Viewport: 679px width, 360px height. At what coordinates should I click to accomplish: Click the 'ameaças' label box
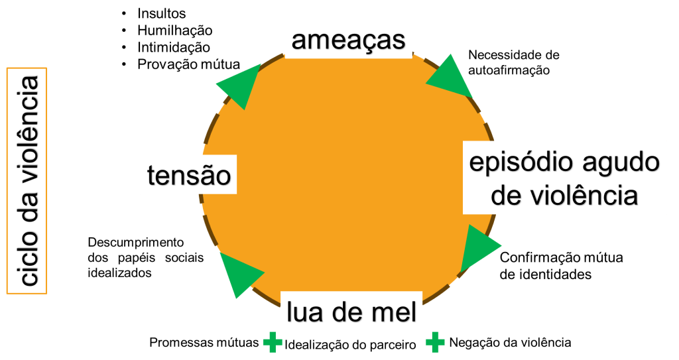[x=348, y=39]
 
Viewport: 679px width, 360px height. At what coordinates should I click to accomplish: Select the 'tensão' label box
[x=189, y=176]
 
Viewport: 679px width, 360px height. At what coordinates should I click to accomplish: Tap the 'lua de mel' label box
[x=351, y=310]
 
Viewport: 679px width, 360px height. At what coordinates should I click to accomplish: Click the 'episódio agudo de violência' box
[x=564, y=178]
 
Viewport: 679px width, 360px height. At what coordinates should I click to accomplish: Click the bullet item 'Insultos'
[x=162, y=13]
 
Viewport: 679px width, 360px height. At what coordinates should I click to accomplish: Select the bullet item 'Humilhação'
[x=174, y=30]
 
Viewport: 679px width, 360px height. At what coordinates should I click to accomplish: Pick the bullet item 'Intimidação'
[x=174, y=48]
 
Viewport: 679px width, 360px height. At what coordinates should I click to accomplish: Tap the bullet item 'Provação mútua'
[x=188, y=64]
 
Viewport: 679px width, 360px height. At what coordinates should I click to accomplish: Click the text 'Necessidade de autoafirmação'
[x=513, y=62]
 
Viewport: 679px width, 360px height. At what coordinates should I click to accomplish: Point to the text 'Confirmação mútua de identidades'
[x=561, y=265]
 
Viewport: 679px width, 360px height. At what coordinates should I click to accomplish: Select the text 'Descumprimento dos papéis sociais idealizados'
[x=145, y=257]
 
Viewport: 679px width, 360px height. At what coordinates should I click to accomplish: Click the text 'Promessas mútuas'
[x=204, y=343]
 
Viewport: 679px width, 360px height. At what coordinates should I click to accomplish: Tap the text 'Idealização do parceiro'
[x=351, y=345]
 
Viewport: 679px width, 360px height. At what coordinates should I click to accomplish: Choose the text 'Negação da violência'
[x=510, y=343]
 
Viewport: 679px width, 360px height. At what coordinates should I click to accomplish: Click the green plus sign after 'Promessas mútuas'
[x=272, y=343]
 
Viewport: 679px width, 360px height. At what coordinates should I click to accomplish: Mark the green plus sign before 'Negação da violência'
[x=435, y=342]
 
